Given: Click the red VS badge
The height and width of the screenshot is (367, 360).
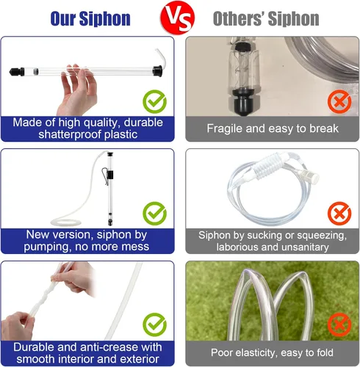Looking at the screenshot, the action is point(177,17).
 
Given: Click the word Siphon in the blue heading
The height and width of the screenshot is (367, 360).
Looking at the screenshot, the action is point(105,18).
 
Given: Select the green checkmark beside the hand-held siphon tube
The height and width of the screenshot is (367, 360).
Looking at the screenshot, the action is point(154,101).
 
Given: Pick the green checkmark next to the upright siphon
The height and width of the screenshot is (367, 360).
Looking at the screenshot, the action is point(154,214).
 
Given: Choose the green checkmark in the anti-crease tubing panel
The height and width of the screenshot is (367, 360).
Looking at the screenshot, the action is point(154,324).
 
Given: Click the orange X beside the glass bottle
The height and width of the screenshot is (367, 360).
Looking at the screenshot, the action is point(339,101).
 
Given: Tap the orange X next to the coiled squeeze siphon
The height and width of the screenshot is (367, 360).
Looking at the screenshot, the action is point(339,214).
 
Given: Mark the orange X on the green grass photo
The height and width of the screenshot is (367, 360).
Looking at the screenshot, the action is point(339,324).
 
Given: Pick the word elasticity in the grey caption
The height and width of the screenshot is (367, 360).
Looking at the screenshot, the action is point(253,353).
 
